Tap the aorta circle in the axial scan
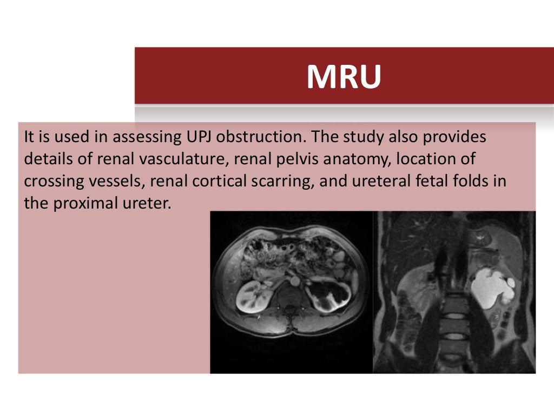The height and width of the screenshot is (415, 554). coord(295,282)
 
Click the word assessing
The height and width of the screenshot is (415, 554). coord(144,137)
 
